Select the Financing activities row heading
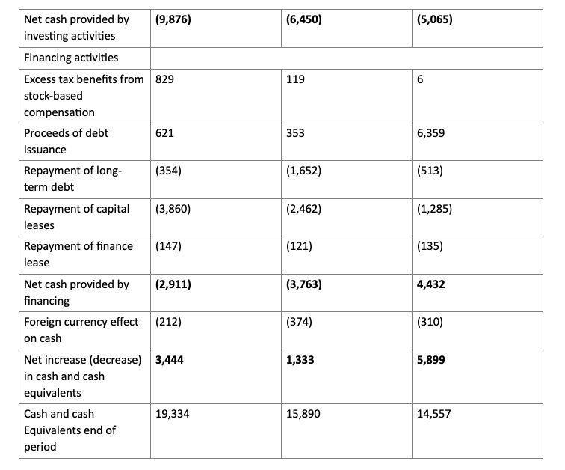coord(71,58)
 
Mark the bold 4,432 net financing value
coord(432,284)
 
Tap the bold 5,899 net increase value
coord(432,360)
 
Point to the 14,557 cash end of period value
coord(435,414)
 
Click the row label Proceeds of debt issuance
coord(66,141)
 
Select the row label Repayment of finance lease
coord(78,254)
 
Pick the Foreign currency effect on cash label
coord(81,329)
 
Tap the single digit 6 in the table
coord(421,79)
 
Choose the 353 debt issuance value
coord(295,133)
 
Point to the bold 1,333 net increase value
coord(300,360)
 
